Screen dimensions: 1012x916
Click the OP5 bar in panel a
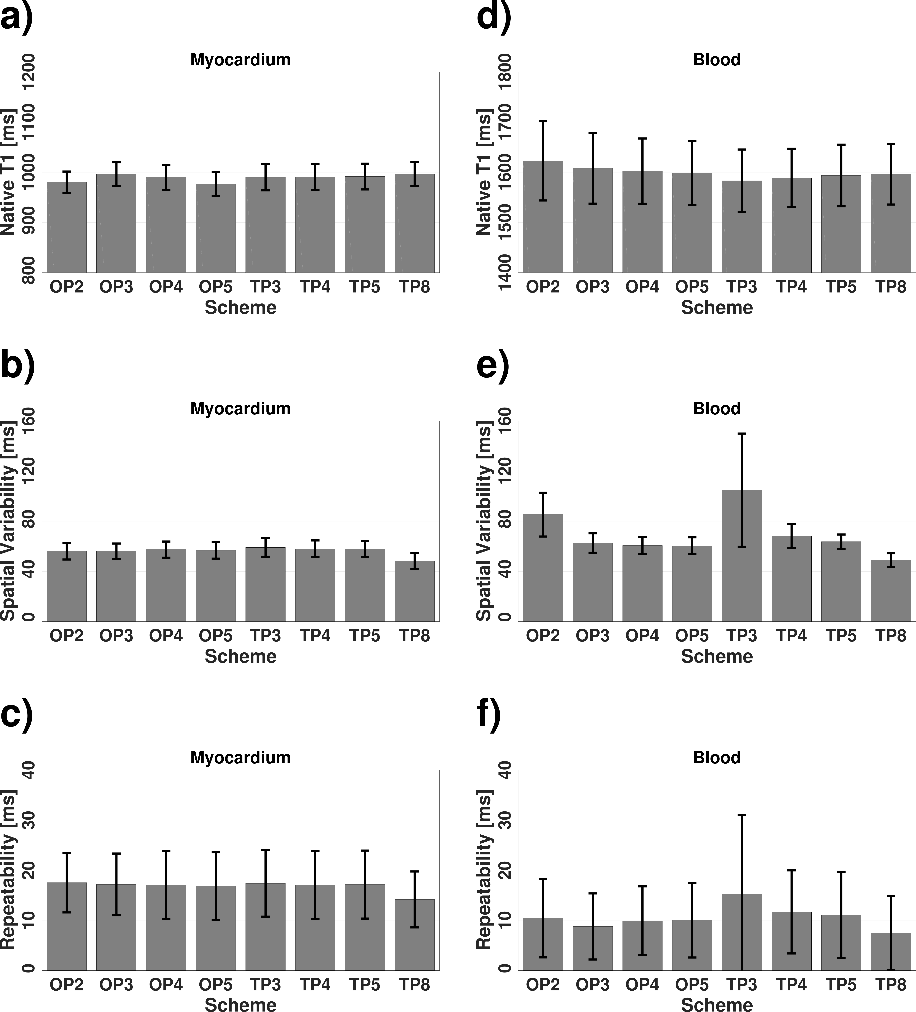click(x=216, y=231)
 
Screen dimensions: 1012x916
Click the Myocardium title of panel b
click(x=241, y=409)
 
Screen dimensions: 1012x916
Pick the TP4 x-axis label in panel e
click(x=791, y=635)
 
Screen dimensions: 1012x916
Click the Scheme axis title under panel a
click(x=241, y=307)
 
